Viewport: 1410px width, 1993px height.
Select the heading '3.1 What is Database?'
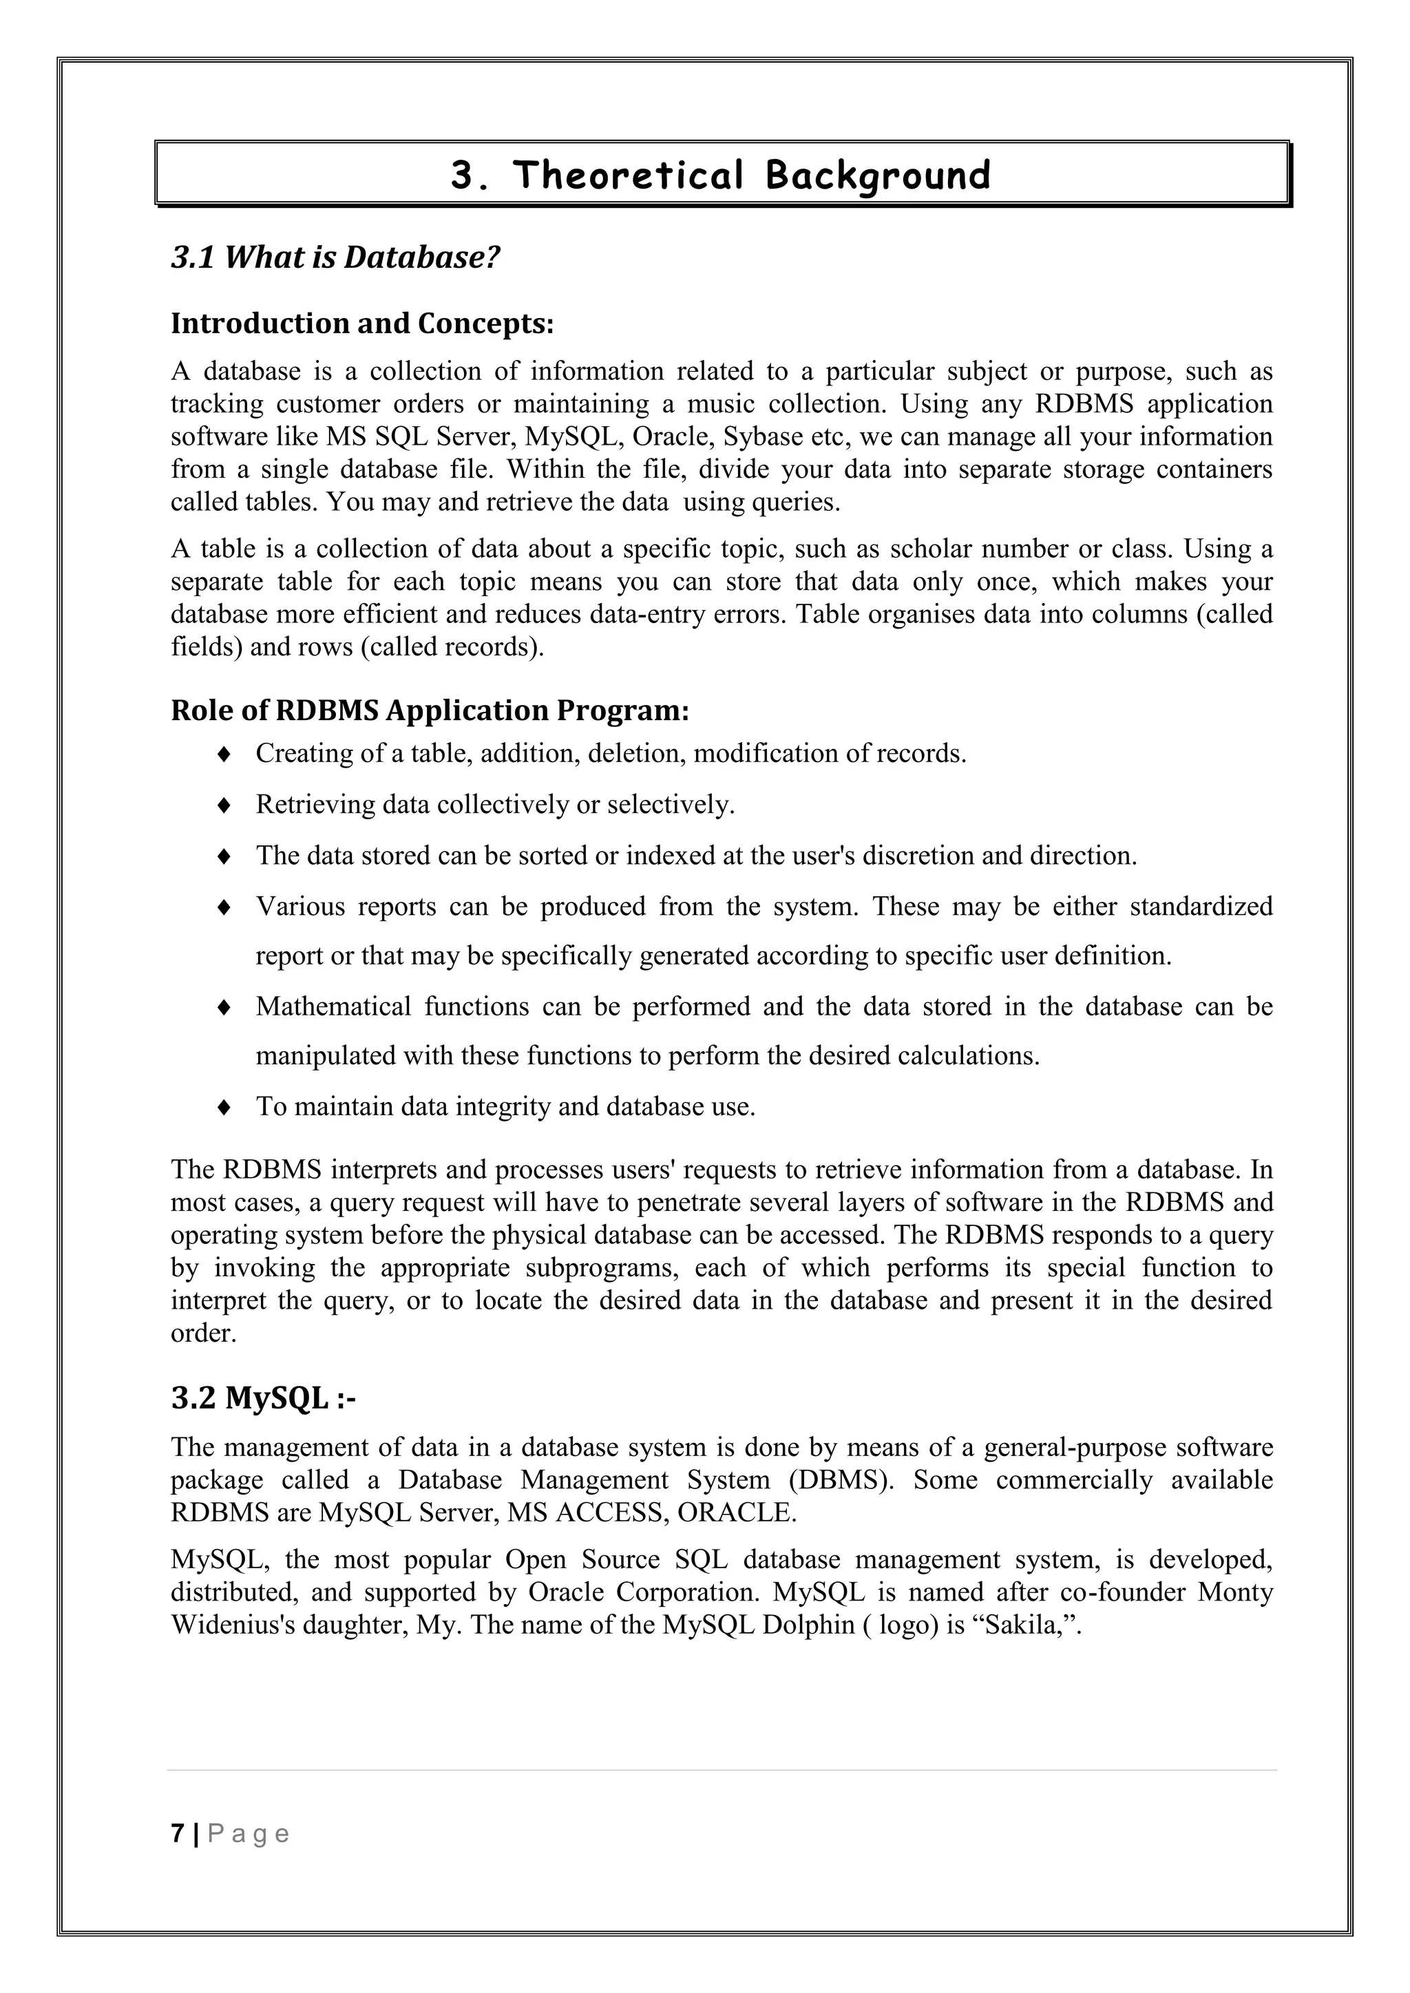pos(335,257)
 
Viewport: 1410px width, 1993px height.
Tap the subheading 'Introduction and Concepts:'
pos(362,323)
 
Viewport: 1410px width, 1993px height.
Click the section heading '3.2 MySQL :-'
pos(263,1398)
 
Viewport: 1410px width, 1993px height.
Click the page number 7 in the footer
pos(178,1833)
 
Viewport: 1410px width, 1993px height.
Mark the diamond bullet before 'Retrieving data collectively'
pos(223,805)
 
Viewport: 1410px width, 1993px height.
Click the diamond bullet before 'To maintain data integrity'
pos(223,1108)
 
